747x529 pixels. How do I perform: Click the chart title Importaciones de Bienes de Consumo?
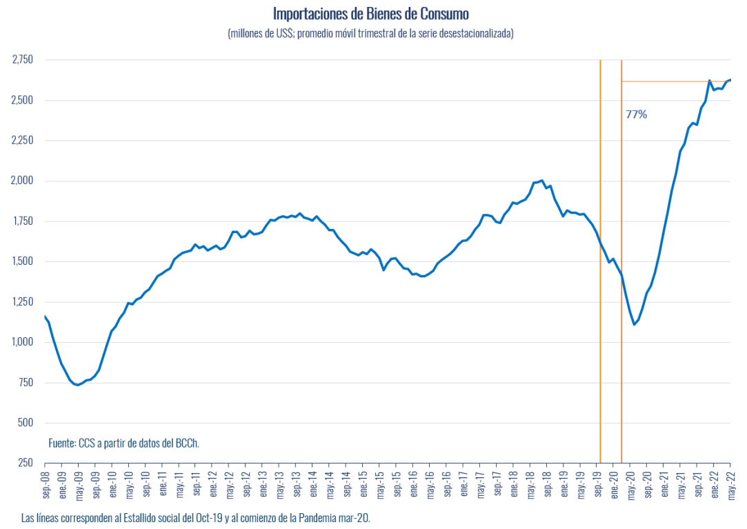(370, 14)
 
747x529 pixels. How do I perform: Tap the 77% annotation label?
(636, 114)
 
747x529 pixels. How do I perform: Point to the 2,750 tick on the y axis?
(22, 60)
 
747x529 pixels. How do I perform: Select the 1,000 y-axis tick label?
(22, 342)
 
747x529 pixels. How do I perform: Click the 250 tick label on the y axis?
(26, 463)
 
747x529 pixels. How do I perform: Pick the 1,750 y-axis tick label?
(22, 221)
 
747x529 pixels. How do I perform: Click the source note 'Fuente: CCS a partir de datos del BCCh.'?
(123, 443)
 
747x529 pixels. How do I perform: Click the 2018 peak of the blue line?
(542, 181)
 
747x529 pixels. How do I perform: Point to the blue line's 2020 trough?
(634, 324)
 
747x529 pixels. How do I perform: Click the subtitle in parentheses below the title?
(370, 33)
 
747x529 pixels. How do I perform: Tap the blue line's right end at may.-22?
(730, 80)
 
